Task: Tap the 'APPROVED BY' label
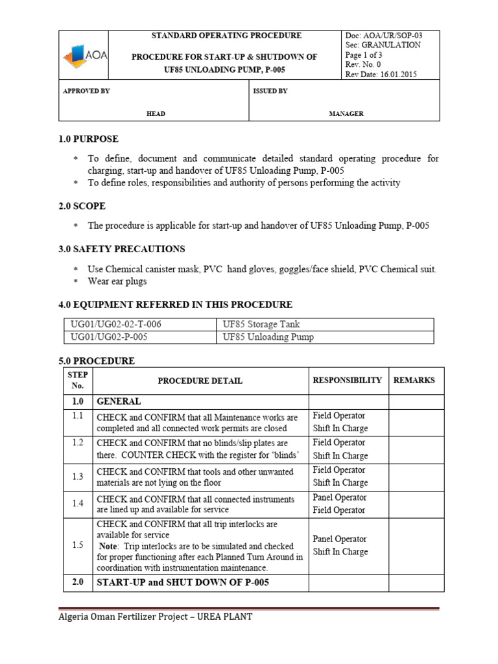tap(86, 91)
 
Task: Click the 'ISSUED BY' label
tap(270, 91)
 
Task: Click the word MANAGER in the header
tap(346, 113)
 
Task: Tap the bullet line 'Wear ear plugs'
tap(117, 281)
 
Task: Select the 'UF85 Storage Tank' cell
tap(261, 324)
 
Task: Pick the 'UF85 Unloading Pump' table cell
tap(268, 337)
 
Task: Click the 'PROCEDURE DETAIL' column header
tap(201, 381)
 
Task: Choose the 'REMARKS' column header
tap(414, 381)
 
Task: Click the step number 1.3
tap(78, 477)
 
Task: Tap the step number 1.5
tap(78, 545)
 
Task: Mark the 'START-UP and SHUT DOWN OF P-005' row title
tap(183, 582)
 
